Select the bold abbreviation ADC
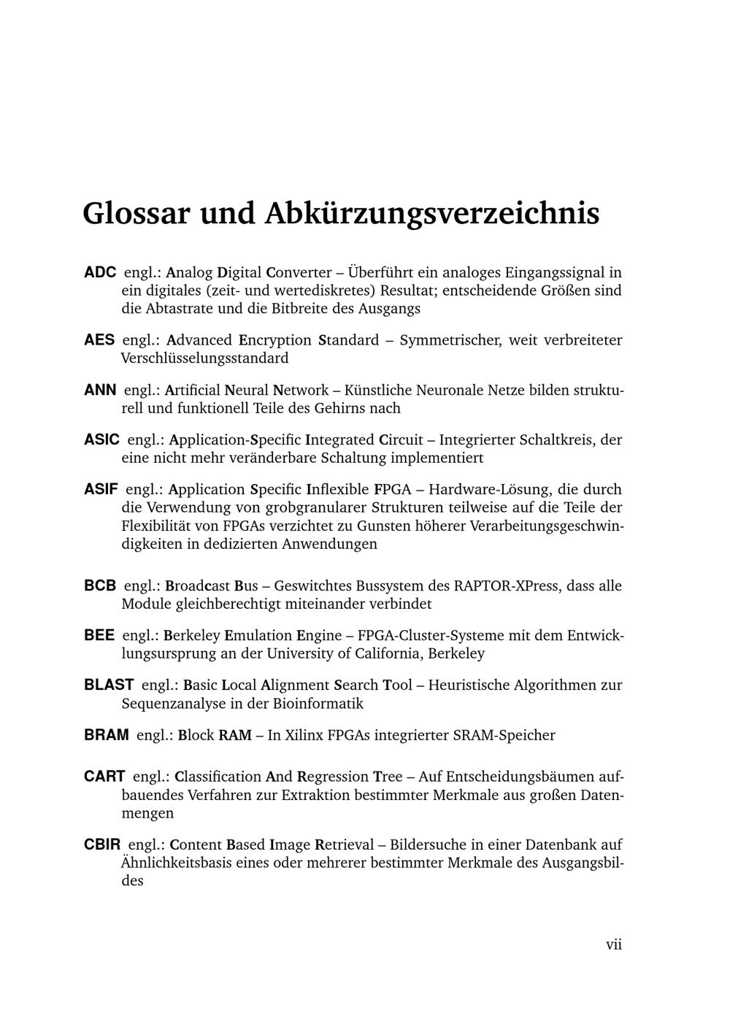100,273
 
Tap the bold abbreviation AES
99,340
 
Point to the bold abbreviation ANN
100,391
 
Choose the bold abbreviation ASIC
102,440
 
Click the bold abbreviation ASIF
101,490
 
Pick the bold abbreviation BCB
100,586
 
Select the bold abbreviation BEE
99,636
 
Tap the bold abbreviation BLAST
109,685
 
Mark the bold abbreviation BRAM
107,735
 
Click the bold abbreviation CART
104,777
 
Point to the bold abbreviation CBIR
102,845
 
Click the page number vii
614,945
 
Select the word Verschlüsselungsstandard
204,358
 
